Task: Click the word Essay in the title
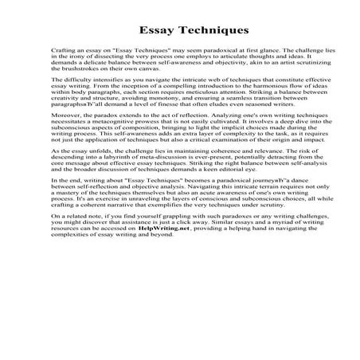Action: [155, 31]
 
